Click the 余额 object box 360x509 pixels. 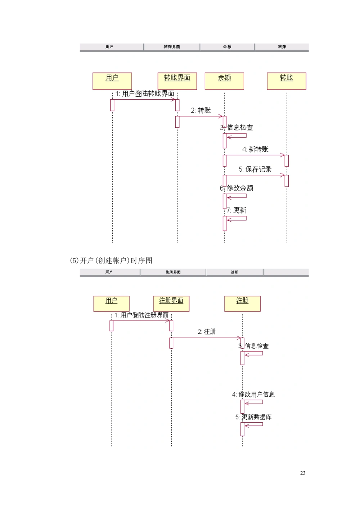point(224,81)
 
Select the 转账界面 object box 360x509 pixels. point(177,81)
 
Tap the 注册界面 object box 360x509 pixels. point(171,304)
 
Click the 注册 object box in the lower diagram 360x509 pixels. point(242,304)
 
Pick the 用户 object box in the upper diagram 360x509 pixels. point(112,81)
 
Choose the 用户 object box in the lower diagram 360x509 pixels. point(111,304)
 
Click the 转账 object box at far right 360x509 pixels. point(287,81)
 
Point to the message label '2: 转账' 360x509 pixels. point(201,110)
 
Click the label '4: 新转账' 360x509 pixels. point(255,149)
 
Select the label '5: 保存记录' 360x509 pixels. point(255,169)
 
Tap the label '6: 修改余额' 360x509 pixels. point(237,188)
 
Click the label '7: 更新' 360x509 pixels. point(237,210)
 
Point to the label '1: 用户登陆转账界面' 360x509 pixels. point(145,94)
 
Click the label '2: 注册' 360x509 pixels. point(207,332)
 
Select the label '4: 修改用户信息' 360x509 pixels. point(253,395)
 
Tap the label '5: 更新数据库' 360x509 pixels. point(253,417)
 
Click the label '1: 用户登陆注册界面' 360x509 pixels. point(141,315)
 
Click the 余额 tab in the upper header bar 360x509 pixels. point(227,47)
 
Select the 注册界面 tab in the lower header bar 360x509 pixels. point(173,272)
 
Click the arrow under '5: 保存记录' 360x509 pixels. point(255,175)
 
